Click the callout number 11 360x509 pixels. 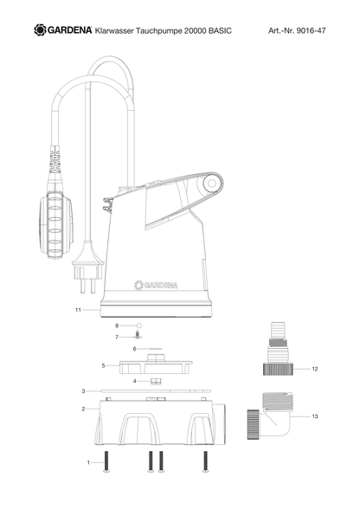point(78,310)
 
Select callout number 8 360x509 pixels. point(117,325)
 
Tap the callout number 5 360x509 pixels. point(103,366)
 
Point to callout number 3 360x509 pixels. point(83,391)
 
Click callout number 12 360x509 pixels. point(314,369)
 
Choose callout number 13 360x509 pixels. point(314,416)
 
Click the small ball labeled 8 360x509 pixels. point(139,325)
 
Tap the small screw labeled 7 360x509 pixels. point(138,334)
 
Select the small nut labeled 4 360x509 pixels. point(156,381)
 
